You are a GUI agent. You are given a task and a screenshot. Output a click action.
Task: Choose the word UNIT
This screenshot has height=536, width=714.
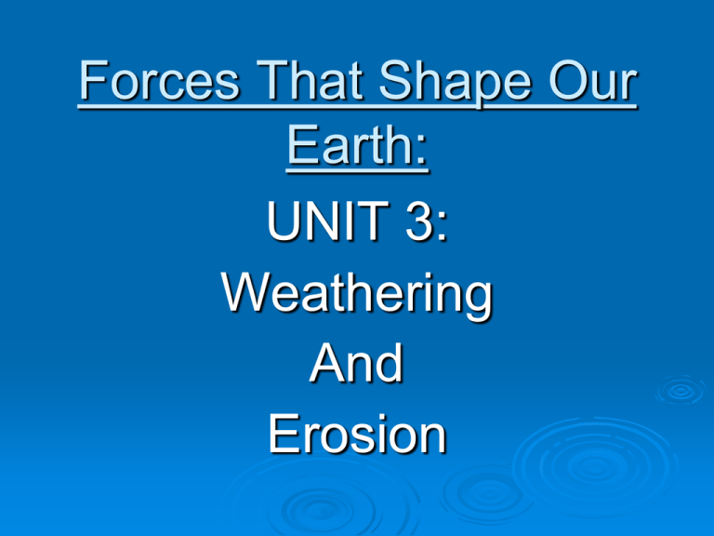(x=321, y=227)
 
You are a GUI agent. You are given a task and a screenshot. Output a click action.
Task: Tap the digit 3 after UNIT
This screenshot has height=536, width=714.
(x=416, y=227)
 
